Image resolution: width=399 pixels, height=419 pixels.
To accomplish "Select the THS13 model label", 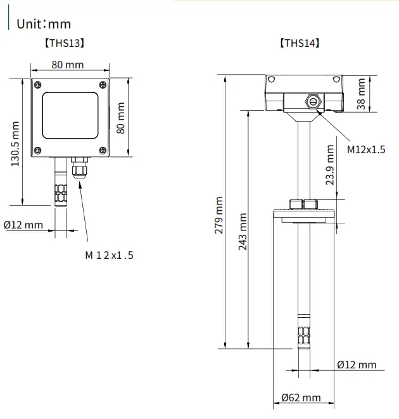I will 64,44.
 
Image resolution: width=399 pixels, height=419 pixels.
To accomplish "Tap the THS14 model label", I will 299,44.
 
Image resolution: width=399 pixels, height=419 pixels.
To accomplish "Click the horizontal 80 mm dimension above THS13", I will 68,65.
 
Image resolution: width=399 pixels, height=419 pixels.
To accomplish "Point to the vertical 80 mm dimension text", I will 122,118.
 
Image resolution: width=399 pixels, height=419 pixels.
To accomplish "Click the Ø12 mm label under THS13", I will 23,225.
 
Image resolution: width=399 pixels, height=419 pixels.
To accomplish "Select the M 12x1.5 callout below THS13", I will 109,255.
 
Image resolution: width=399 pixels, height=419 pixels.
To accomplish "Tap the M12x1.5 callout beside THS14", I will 366,149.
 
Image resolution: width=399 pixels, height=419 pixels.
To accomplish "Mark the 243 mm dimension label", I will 243,232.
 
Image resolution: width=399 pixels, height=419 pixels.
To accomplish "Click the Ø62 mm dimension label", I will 301,397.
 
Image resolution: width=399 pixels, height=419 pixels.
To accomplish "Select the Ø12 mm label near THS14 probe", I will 356,365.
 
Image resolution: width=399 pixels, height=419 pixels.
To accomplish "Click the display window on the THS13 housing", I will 70,116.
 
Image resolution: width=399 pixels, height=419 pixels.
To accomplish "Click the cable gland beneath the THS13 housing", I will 79,169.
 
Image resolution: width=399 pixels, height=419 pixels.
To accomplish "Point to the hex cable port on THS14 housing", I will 312,101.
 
